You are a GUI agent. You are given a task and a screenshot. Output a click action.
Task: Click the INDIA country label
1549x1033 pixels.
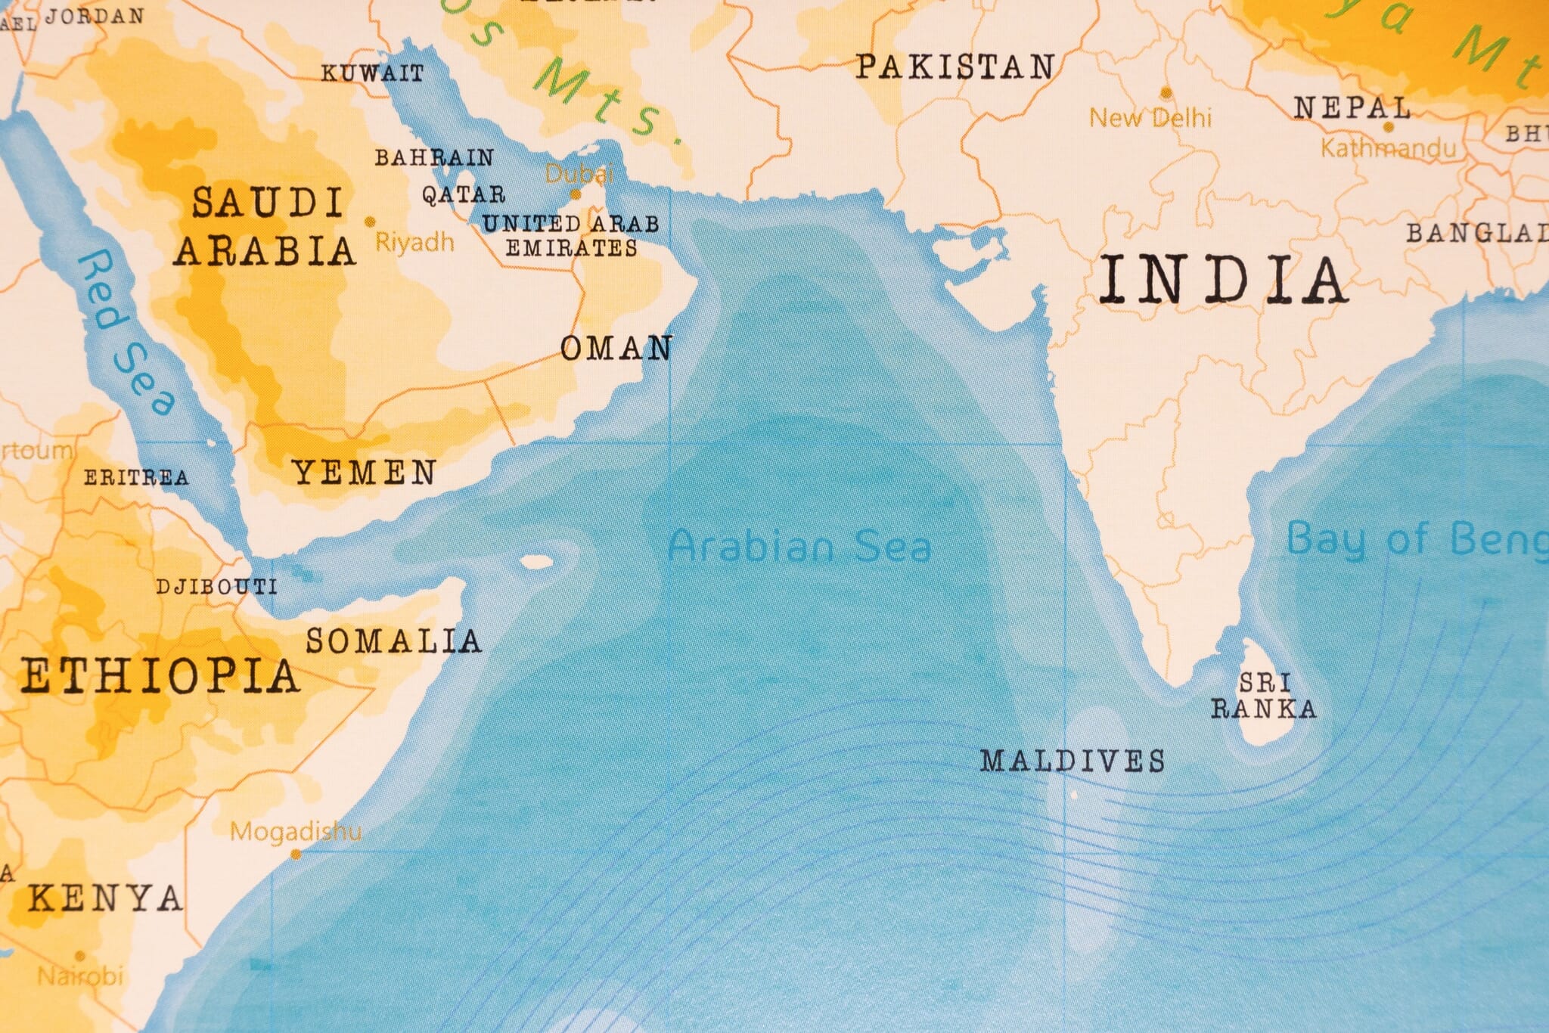(1222, 280)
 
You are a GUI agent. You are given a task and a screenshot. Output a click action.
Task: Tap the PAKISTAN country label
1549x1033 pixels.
(955, 67)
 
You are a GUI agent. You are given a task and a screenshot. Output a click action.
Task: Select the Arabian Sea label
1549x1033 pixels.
(799, 546)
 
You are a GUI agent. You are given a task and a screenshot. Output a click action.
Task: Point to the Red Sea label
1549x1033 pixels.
(125, 333)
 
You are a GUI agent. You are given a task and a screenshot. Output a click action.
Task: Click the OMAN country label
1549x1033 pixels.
(616, 349)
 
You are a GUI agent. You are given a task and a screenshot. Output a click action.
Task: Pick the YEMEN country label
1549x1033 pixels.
(364, 473)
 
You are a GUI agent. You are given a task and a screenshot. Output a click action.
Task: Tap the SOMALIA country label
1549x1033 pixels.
(393, 641)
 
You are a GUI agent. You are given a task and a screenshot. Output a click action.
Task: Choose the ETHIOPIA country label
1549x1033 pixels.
(160, 676)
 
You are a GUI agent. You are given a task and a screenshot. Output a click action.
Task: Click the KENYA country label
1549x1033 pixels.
(105, 898)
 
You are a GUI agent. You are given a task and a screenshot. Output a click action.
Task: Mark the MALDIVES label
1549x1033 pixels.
(1073, 761)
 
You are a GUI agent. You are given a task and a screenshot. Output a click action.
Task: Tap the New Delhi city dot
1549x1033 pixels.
(1166, 93)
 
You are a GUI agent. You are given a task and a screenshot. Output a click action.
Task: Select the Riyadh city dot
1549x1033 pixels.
(370, 222)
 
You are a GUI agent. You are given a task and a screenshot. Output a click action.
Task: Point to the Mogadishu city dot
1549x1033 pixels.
(296, 855)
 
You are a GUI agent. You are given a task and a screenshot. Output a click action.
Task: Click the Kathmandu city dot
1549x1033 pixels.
(1388, 127)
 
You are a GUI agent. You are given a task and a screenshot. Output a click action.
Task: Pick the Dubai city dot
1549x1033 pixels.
(576, 194)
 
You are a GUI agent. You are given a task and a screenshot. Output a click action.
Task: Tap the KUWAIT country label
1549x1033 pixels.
(372, 73)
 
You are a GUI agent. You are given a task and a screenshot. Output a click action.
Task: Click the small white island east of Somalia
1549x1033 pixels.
(538, 562)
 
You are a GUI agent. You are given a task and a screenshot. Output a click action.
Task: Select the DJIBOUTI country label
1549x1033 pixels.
(216, 587)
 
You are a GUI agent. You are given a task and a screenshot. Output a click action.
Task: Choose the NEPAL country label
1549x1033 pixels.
(1352, 108)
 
